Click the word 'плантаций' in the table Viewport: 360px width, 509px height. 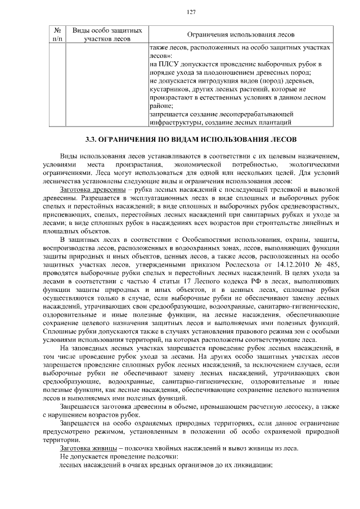(275, 121)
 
